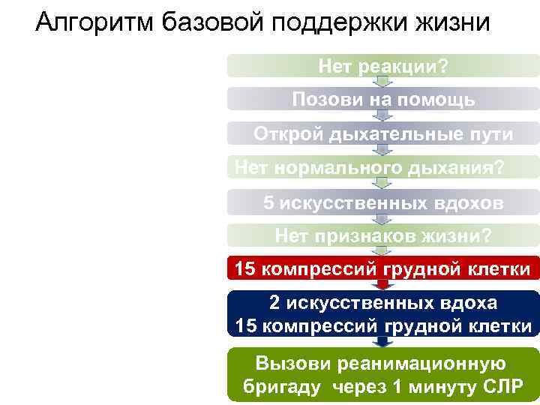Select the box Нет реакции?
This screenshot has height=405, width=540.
(382, 66)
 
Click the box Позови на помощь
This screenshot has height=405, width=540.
(382, 99)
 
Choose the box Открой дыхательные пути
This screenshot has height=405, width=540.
(382, 133)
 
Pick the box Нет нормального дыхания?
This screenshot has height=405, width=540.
(382, 167)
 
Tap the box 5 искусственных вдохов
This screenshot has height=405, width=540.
(382, 202)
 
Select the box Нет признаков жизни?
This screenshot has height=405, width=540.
(382, 236)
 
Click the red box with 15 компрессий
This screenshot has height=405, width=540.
(382, 268)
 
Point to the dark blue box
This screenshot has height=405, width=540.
(382, 313)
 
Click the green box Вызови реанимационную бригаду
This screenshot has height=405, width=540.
(382, 375)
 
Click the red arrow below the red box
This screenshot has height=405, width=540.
(382, 285)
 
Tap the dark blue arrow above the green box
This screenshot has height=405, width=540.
(382, 342)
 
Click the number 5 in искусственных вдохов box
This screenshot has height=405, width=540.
(268, 202)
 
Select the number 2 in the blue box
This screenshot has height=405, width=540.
(274, 303)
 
